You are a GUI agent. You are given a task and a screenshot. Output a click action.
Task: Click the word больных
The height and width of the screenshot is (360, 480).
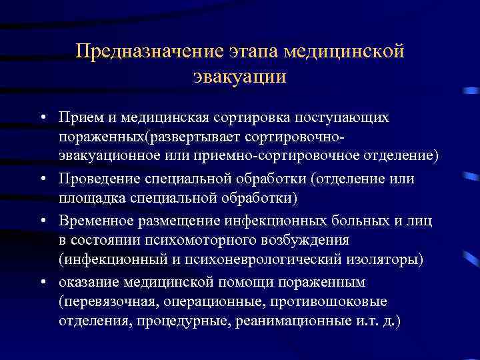(353, 220)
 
